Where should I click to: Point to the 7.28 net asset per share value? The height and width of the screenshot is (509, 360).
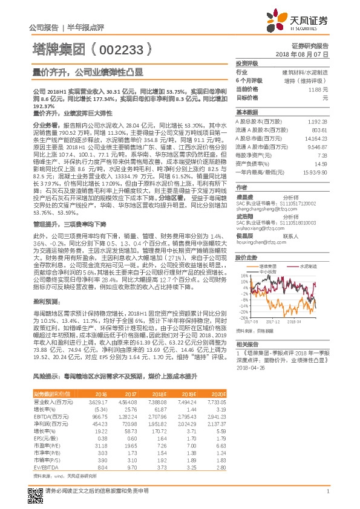[x=325, y=155]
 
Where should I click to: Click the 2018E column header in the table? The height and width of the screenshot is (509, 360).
[x=151, y=394]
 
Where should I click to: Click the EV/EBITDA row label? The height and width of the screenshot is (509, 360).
[x=43, y=467]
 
